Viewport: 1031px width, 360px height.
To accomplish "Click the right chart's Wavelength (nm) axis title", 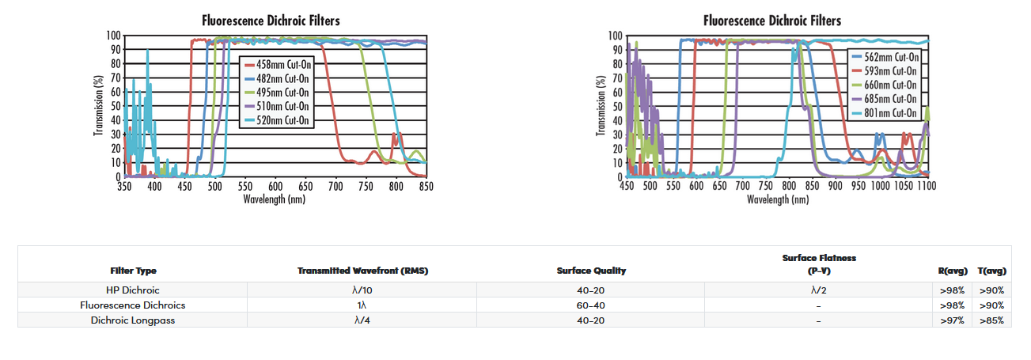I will click(778, 199).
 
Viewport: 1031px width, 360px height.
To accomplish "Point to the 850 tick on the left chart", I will click(426, 187).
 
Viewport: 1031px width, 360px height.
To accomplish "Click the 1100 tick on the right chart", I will click(926, 187).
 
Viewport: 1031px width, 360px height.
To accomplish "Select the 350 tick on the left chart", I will click(125, 187).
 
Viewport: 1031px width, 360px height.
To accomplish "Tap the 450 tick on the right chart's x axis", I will click(627, 187).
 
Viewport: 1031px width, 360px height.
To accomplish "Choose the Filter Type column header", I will click(133, 271).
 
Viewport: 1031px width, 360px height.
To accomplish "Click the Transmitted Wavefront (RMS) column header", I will click(362, 271).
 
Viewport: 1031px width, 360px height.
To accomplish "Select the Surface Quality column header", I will click(591, 271).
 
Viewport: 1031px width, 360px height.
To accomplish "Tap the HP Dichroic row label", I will click(133, 290).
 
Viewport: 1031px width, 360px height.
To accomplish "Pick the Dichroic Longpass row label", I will click(133, 320).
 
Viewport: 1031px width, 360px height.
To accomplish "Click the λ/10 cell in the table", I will click(362, 290).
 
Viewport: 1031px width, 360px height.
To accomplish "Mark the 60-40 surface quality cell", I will click(591, 305).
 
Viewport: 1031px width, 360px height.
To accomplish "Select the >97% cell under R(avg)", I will click(951, 320).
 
